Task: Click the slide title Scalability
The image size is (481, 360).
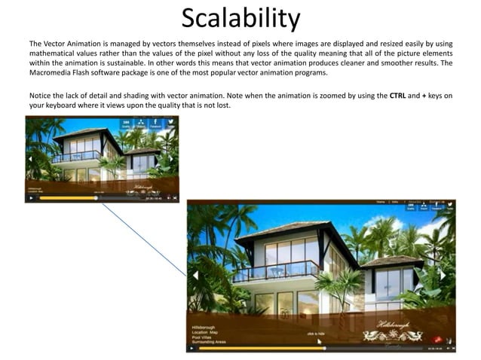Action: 240,18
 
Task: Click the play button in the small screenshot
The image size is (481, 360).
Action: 30,198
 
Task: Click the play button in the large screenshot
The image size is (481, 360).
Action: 192,348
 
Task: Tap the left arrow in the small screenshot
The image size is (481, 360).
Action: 29,159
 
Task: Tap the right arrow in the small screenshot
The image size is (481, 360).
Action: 172,159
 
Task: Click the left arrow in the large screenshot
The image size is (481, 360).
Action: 195,275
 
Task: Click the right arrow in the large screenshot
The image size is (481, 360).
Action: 449,275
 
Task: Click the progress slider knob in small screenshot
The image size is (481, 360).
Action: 97,198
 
